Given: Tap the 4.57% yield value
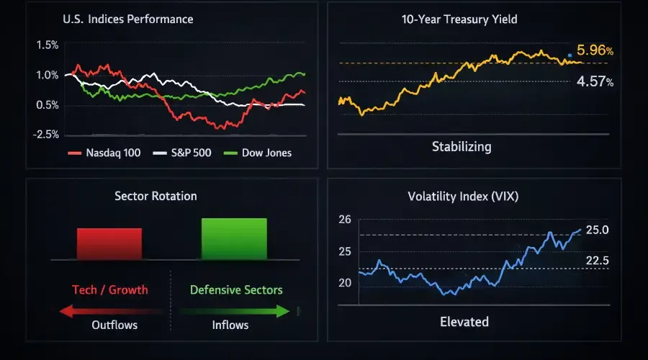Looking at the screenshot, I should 595,82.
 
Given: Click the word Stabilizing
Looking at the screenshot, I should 462,147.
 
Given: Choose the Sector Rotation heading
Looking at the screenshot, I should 156,196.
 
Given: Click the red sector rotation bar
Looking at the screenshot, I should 109,243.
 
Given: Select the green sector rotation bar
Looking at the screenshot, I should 234,238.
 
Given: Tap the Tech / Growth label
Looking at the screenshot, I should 110,289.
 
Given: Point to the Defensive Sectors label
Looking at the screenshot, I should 236,289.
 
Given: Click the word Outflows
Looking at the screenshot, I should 114,325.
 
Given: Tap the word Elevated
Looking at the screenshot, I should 464,321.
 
